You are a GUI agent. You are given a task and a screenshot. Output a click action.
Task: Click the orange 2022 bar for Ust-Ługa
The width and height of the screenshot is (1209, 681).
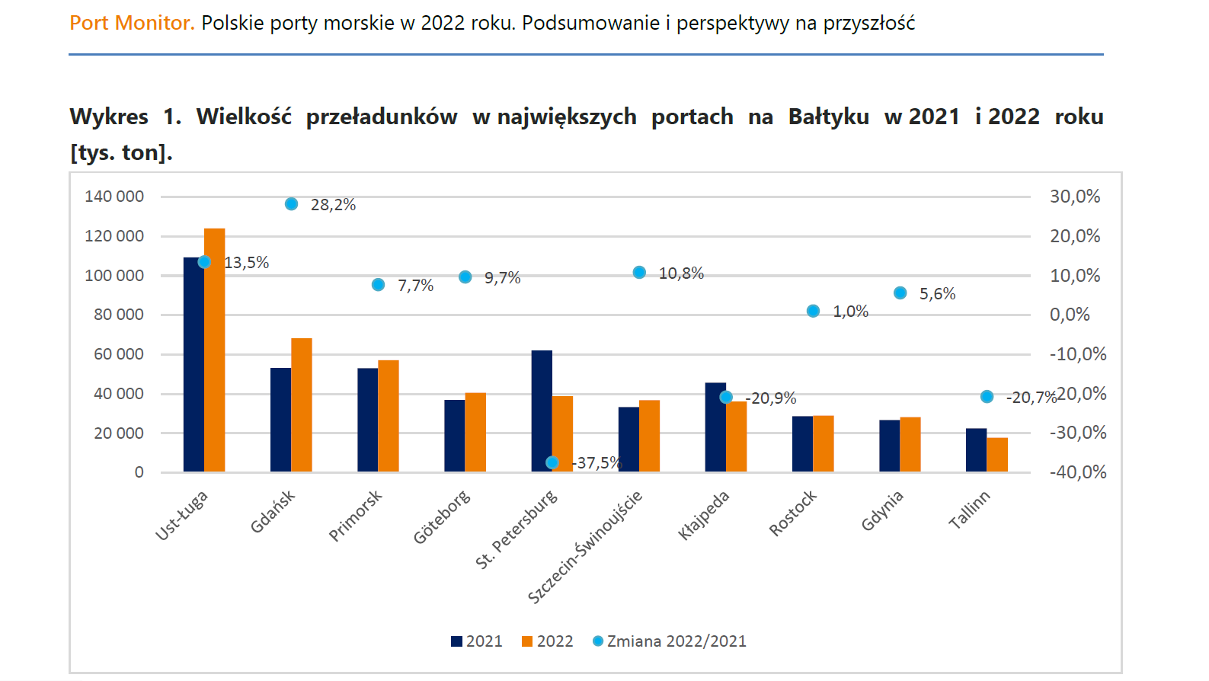pyautogui.click(x=215, y=350)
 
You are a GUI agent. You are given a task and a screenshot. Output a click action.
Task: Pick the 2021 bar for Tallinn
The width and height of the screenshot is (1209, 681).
pyautogui.click(x=976, y=450)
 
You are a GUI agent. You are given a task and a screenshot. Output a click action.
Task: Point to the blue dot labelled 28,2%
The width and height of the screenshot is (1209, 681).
pyautogui.click(x=292, y=204)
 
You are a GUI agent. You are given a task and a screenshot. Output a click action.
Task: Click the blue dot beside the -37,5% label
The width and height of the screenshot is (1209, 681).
pyautogui.click(x=552, y=462)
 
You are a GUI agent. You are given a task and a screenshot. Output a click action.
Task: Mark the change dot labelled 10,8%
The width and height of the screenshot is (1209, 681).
pyautogui.click(x=639, y=273)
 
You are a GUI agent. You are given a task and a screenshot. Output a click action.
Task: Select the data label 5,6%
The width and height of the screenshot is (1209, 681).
pyautogui.click(x=937, y=294)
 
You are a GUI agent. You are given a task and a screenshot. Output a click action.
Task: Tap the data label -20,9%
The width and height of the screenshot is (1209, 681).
pyautogui.click(x=772, y=398)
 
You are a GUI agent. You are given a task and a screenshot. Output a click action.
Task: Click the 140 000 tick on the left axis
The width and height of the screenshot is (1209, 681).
pyautogui.click(x=114, y=197)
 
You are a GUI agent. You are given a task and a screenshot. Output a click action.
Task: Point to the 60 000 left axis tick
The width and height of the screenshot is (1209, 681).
pyautogui.click(x=118, y=354)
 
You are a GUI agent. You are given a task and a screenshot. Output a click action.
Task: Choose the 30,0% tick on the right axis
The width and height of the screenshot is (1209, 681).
pyautogui.click(x=1075, y=197)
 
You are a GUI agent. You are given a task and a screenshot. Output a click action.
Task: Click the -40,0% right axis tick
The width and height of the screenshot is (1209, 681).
pyautogui.click(x=1078, y=472)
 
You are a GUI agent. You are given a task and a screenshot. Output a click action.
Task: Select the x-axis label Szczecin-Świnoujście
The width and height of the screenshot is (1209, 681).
pyautogui.click(x=585, y=547)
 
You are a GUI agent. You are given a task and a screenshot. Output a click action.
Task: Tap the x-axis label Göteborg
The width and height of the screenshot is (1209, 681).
pyautogui.click(x=442, y=518)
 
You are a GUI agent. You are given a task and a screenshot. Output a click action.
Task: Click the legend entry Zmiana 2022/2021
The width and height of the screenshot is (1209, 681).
pyautogui.click(x=676, y=641)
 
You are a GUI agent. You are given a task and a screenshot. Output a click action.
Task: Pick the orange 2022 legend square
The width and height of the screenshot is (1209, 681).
pyautogui.click(x=527, y=641)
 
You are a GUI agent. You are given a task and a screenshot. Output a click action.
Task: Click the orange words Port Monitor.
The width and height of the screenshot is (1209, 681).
pyautogui.click(x=132, y=23)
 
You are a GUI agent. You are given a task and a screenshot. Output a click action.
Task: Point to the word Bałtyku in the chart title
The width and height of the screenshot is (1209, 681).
pyautogui.click(x=828, y=117)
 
